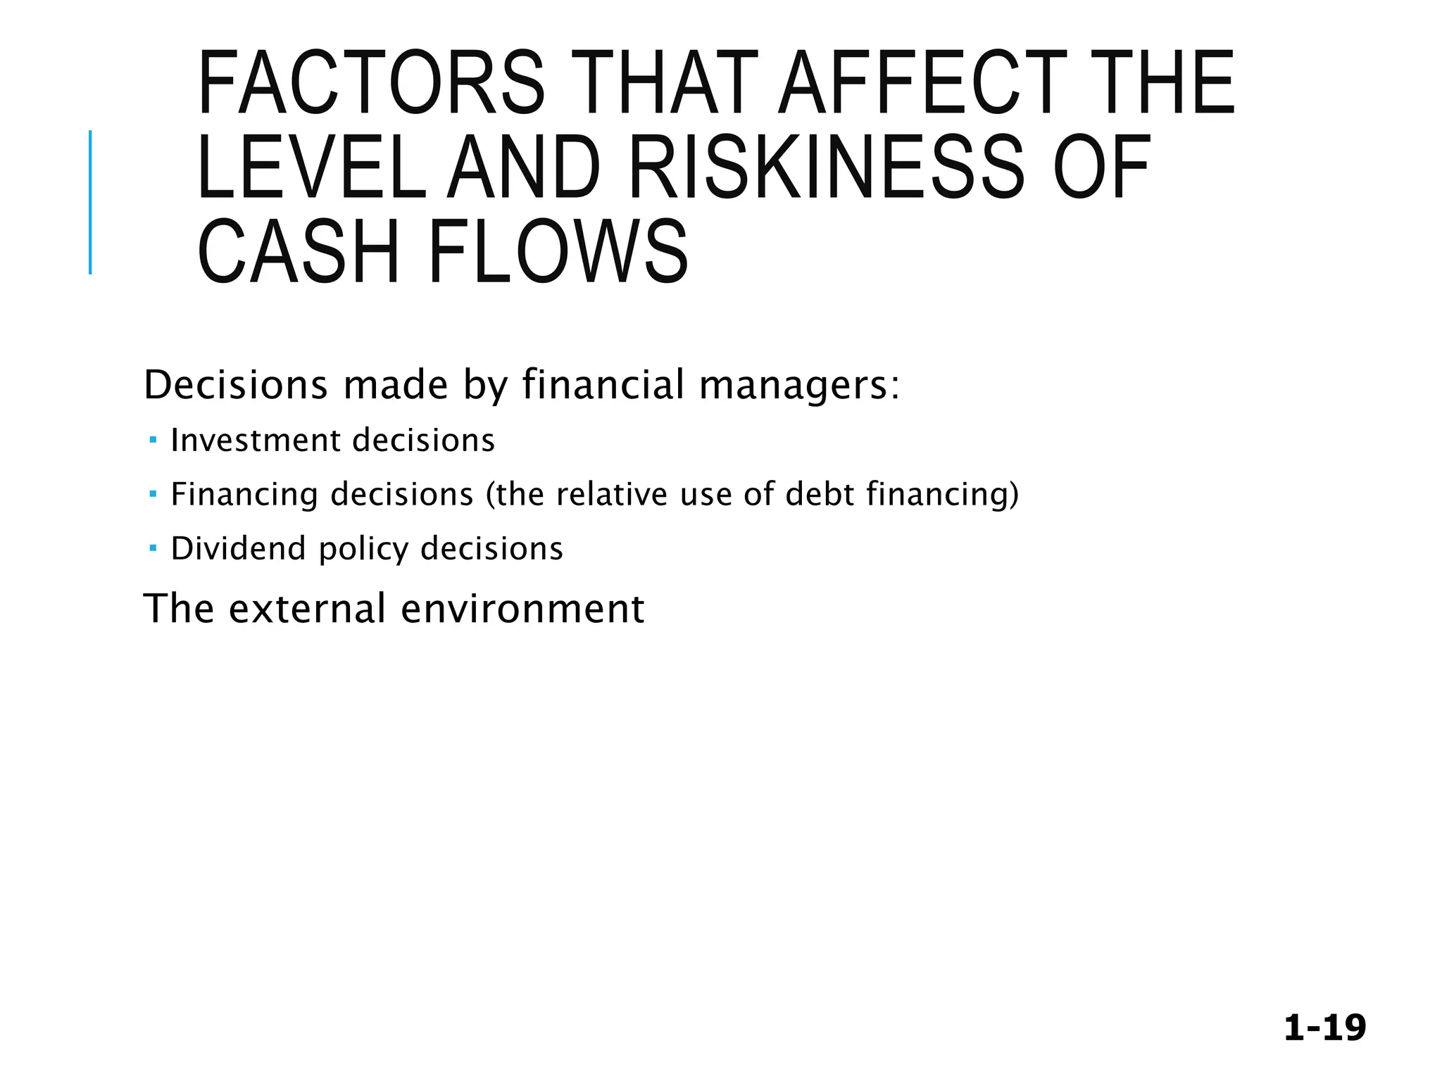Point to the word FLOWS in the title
tap(558, 253)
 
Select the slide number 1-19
tap(1324, 1028)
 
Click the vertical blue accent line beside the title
tap(90, 202)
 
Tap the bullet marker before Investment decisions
tap(153, 441)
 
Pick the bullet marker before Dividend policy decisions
tap(153, 548)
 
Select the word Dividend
tap(238, 549)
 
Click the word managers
tap(798, 386)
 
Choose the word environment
tap(522, 609)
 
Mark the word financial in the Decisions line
tap(603, 386)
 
